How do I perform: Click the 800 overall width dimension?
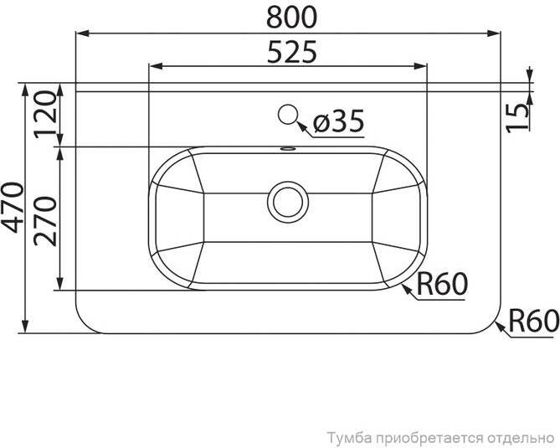coord(292,17)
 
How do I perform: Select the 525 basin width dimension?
coord(292,52)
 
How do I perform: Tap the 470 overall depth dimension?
coord(13,208)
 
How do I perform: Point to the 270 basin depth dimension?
coord(45,222)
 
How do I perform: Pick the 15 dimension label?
coord(517,118)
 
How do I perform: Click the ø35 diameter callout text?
coord(338,120)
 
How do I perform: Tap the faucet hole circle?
coord(288,115)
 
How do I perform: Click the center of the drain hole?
coord(288,202)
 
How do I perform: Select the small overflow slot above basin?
coord(288,148)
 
